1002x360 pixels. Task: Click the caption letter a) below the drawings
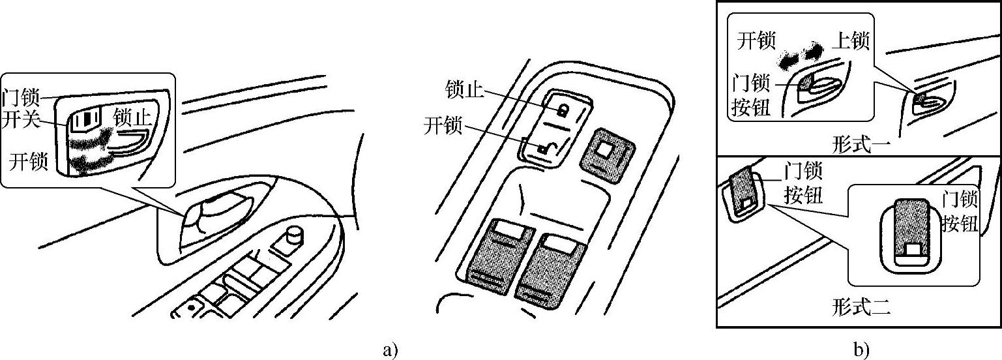390,350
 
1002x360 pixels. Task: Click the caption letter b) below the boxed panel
862,350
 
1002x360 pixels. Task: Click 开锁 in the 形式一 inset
756,41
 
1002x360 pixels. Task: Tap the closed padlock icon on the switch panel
561,109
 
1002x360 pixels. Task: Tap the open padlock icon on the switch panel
544,149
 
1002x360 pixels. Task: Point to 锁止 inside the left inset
134,118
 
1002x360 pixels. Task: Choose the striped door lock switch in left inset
83,120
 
